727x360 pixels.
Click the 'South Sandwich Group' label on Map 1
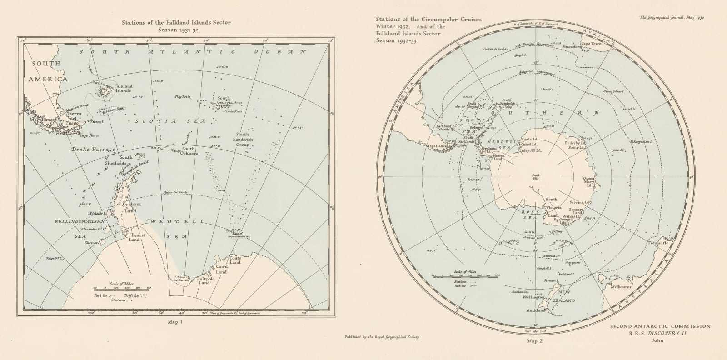click(x=242, y=139)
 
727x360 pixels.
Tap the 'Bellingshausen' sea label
click(x=80, y=221)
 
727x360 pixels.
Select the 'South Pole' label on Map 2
click(x=536, y=177)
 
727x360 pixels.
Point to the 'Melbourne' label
click(x=621, y=287)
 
